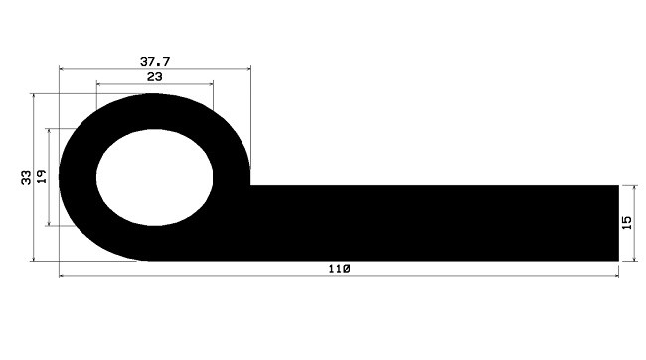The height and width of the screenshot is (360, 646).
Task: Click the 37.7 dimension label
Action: click(x=155, y=62)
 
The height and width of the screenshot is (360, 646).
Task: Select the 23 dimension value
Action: click(x=154, y=77)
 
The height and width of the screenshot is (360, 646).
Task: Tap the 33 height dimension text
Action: click(x=26, y=177)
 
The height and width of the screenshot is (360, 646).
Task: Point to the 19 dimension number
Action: click(x=41, y=176)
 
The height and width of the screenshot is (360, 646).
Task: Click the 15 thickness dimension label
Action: click(x=626, y=223)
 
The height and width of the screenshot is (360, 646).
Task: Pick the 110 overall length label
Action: click(x=340, y=269)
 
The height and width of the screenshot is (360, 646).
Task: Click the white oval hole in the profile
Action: click(x=154, y=177)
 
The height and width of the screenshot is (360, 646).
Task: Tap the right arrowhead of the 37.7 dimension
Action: click(x=248, y=68)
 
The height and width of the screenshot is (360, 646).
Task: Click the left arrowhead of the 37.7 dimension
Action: click(x=63, y=68)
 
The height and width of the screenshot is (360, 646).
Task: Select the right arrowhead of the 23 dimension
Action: click(x=210, y=84)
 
